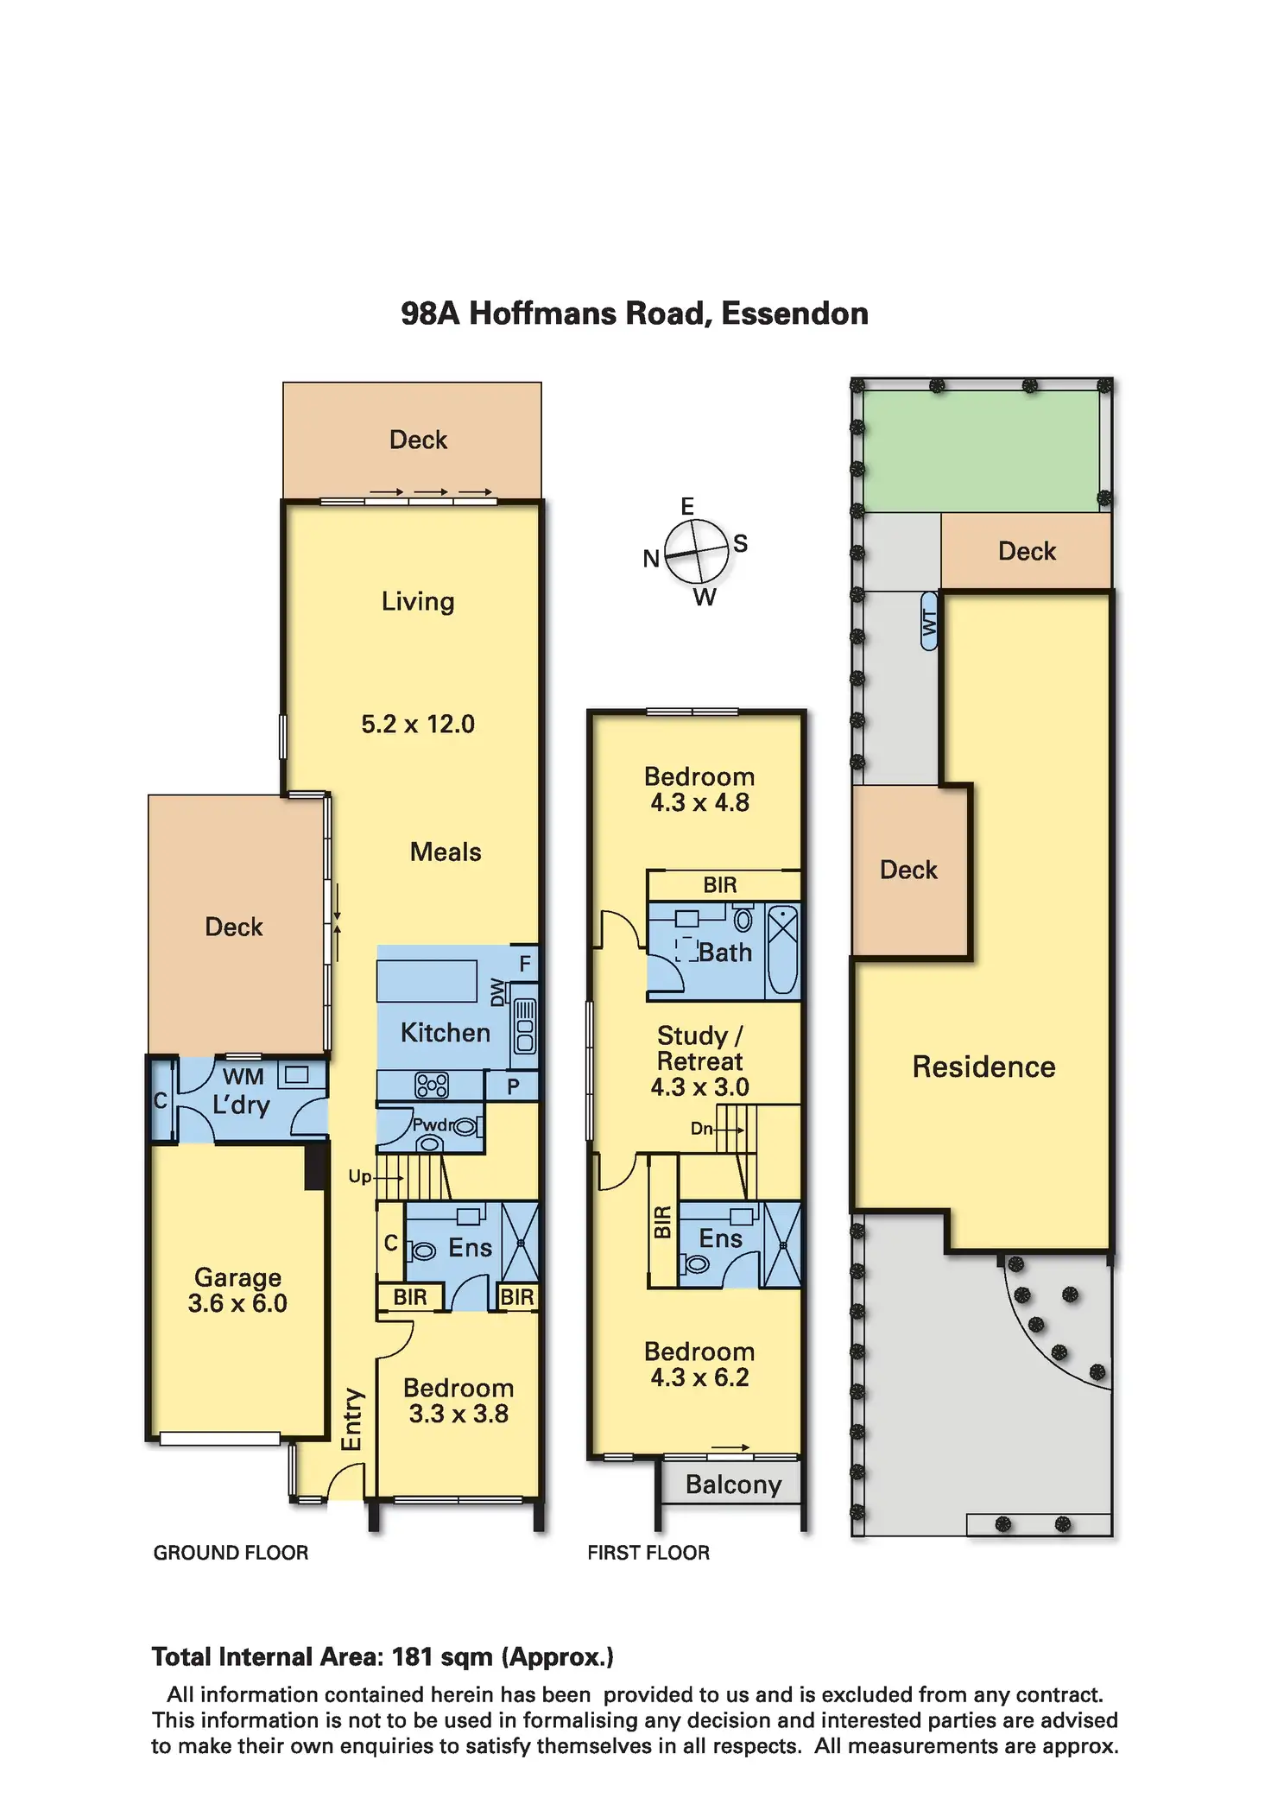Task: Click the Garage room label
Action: tap(237, 1277)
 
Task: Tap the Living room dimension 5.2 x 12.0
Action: tap(418, 724)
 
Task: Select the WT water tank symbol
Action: tap(929, 621)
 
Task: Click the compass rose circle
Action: tap(697, 551)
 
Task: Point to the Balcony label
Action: tap(733, 1485)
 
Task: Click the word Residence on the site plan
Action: tap(983, 1067)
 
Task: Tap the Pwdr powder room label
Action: tap(433, 1124)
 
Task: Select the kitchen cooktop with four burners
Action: tap(432, 1085)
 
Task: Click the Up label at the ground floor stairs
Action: tap(359, 1176)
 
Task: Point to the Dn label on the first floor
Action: tap(701, 1128)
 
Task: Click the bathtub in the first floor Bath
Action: tap(783, 950)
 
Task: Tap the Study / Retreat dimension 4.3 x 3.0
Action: tap(699, 1086)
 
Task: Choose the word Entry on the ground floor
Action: tap(352, 1420)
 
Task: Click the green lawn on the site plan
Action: tap(982, 451)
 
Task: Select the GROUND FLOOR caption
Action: tap(231, 1553)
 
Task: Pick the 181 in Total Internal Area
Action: tap(412, 1656)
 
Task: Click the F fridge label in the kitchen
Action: tap(525, 963)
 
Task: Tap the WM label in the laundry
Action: tap(243, 1076)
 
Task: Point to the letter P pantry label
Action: tap(513, 1086)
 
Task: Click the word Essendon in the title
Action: tap(794, 313)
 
